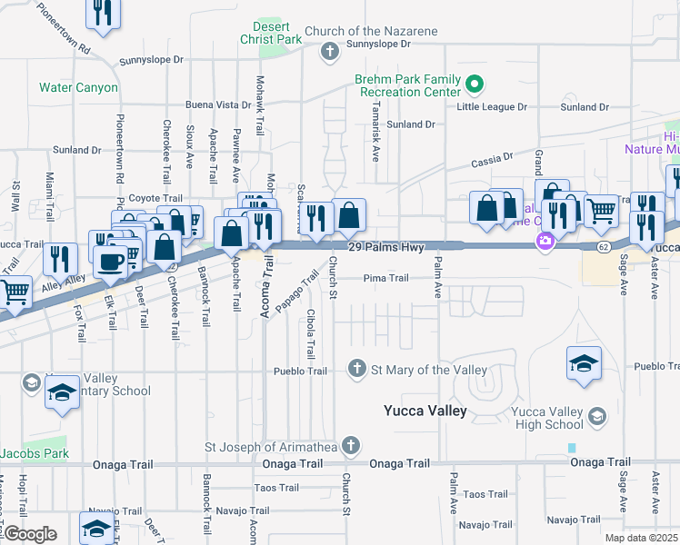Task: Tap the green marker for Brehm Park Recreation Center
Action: pyautogui.click(x=474, y=85)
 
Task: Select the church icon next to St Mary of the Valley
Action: pyautogui.click(x=357, y=369)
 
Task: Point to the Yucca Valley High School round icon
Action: pyautogui.click(x=597, y=416)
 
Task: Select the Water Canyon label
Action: pyautogui.click(x=78, y=88)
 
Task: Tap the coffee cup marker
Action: pyautogui.click(x=112, y=262)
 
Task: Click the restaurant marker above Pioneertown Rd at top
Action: pyautogui.click(x=103, y=12)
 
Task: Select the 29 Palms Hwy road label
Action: pyautogui.click(x=387, y=248)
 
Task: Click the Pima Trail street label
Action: pyautogui.click(x=385, y=278)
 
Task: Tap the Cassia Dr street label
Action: pyautogui.click(x=492, y=162)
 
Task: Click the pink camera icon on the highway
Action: pyautogui.click(x=545, y=241)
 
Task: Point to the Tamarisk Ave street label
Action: pyautogui.click(x=375, y=136)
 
